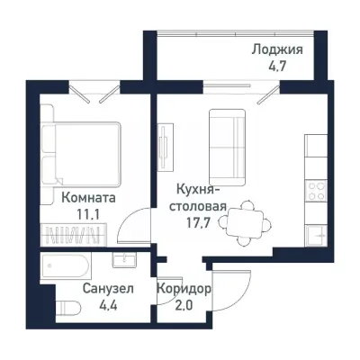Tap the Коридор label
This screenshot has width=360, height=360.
(184, 290)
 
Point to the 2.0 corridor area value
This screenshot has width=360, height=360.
(184, 306)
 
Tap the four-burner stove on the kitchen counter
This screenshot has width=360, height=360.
(316, 190)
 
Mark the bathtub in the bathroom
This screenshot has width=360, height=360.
(66, 265)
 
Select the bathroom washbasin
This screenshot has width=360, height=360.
(123, 261)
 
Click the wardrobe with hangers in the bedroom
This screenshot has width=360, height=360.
(76, 236)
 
